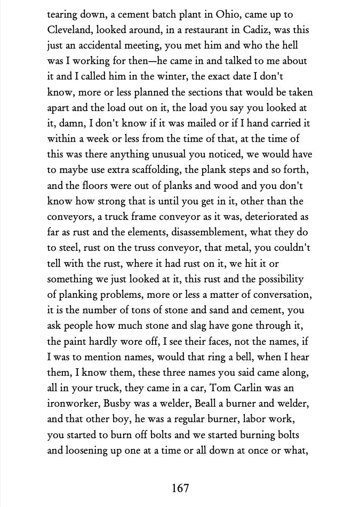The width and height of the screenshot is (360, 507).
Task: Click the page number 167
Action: click(x=180, y=487)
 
